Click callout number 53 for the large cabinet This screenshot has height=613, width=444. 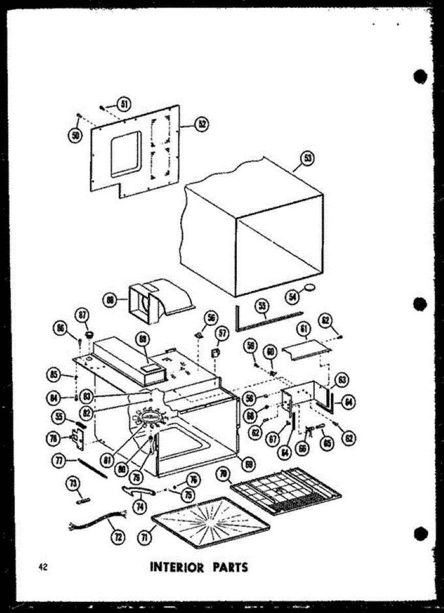pyautogui.click(x=308, y=159)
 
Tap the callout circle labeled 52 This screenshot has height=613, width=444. pyautogui.click(x=203, y=123)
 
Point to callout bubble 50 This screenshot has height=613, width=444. pyautogui.click(x=76, y=135)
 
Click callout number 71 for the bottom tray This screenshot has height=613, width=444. pyautogui.click(x=145, y=537)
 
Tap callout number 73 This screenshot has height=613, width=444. pyautogui.click(x=73, y=483)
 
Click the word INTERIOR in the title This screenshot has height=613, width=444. pyautogui.click(x=177, y=567)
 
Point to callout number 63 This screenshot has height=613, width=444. pyautogui.click(x=342, y=380)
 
